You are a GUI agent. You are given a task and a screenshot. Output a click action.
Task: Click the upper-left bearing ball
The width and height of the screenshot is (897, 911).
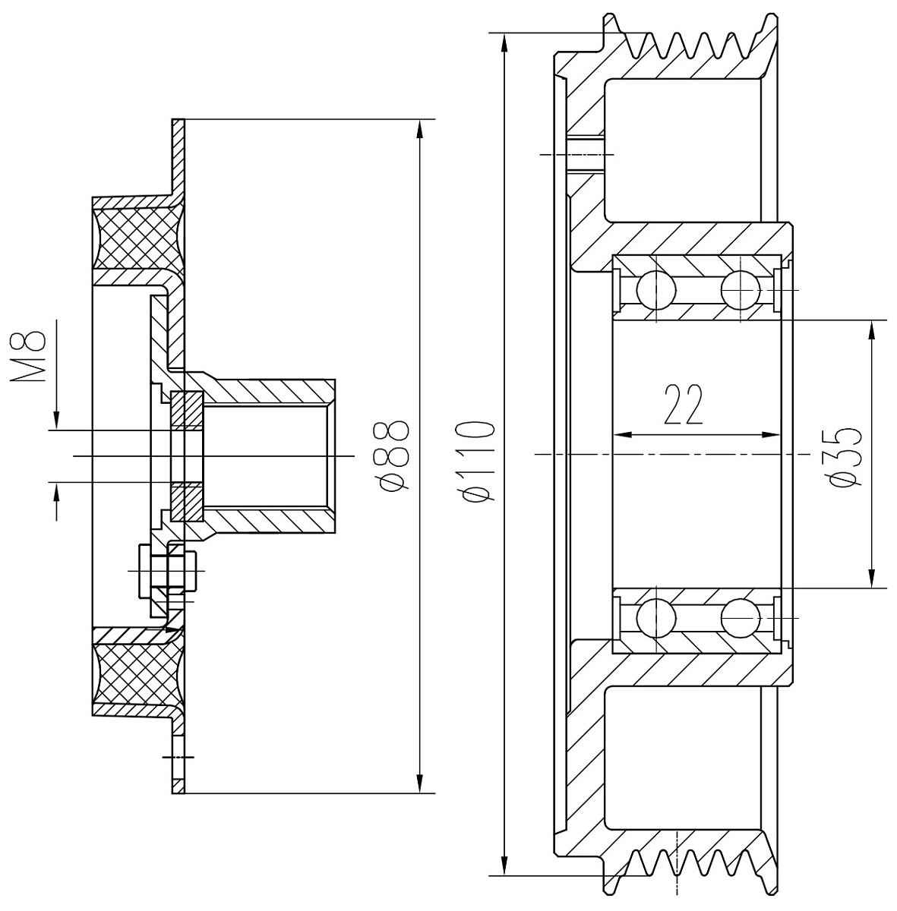(x=657, y=289)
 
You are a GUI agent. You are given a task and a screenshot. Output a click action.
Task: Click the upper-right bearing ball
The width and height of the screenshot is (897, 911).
(x=741, y=289)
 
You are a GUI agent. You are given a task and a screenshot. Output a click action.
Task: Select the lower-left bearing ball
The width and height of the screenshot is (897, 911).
(x=657, y=618)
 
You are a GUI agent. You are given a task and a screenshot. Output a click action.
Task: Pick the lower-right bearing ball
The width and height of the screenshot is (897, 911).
(x=741, y=618)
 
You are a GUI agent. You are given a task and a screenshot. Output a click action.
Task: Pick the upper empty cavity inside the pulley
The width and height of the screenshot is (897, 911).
(x=684, y=150)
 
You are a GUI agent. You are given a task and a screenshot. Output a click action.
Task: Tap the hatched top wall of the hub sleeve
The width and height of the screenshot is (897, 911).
(x=270, y=390)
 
